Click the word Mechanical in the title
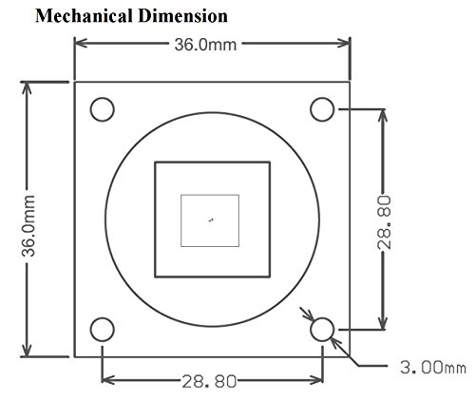click(x=84, y=16)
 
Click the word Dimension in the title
click(x=183, y=16)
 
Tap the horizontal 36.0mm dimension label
click(x=205, y=45)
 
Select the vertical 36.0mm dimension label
click(x=28, y=225)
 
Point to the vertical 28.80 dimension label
click(x=385, y=222)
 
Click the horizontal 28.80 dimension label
click(x=209, y=381)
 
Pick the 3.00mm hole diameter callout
click(x=433, y=368)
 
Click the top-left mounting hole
click(x=102, y=109)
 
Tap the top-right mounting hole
click(x=322, y=109)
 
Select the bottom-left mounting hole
click(x=102, y=330)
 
